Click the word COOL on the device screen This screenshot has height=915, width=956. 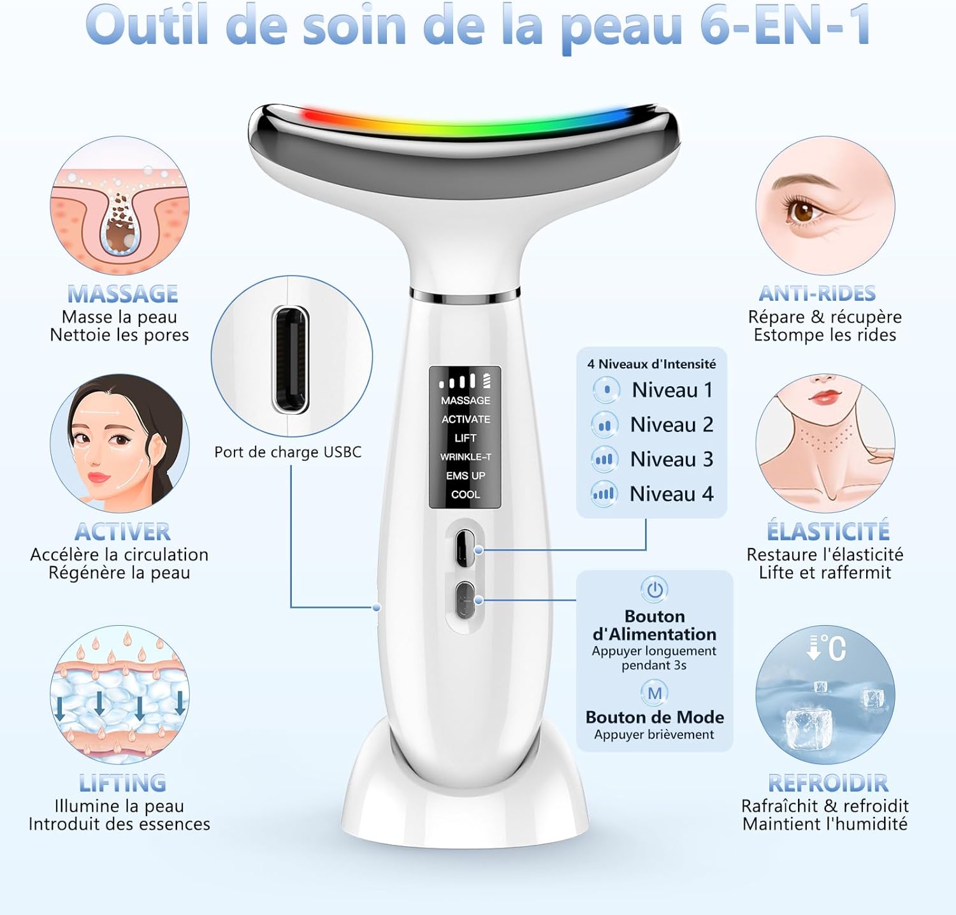coord(465,494)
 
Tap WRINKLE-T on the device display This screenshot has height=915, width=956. coord(465,457)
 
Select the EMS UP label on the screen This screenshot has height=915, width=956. coord(465,475)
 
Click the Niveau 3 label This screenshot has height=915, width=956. coord(671,459)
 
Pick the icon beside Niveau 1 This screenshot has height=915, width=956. coord(606,390)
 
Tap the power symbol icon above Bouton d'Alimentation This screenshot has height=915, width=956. coord(655,589)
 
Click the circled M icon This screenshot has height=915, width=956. coord(655,693)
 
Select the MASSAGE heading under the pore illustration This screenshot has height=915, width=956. coord(122,294)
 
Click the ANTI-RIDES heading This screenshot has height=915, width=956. coord(818,293)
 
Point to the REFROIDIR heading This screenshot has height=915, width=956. coord(828,783)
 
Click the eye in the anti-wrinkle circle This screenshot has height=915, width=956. coord(804,210)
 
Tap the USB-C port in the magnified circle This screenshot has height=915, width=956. coord(291,360)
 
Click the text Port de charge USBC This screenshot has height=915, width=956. coord(287,452)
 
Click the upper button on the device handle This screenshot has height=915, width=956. coord(465,548)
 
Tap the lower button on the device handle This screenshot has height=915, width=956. coord(465,600)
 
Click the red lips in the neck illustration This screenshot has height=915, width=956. coord(825,396)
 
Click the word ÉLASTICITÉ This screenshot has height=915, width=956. coord(828,531)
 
